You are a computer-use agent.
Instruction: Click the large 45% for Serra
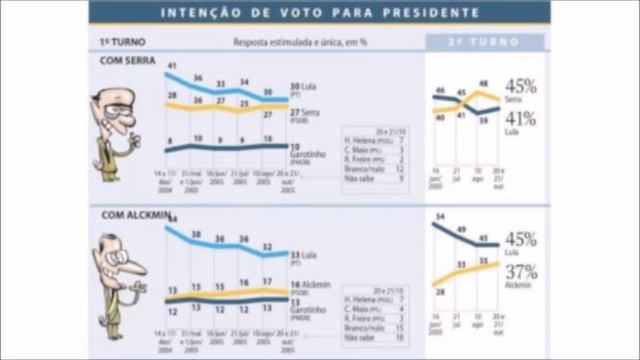click(520, 86)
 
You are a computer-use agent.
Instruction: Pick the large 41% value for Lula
click(520, 118)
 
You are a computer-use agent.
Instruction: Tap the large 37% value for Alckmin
click(520, 272)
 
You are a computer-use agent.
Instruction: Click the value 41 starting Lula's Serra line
click(172, 66)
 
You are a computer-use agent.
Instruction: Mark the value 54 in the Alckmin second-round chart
click(441, 216)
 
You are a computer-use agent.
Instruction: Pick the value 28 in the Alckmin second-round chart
click(440, 292)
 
